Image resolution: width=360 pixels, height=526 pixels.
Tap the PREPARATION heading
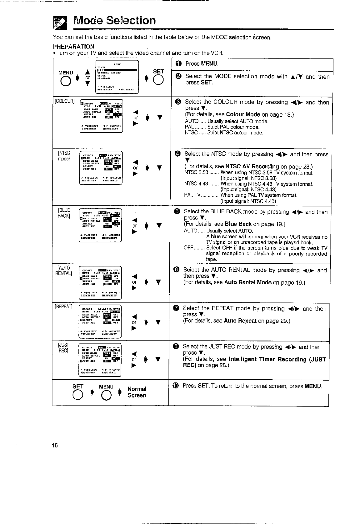coord(73,47)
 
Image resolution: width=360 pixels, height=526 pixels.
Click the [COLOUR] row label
coord(64,101)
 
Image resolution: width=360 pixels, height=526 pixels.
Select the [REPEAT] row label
coord(64,306)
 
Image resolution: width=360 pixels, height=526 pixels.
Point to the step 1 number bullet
coord(178,64)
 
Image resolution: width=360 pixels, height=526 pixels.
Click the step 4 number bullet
coord(177,154)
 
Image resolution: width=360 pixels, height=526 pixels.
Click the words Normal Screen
coord(137,392)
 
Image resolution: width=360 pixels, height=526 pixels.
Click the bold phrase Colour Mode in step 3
coord(243,114)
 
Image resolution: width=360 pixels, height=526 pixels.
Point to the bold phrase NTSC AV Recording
coord(252,166)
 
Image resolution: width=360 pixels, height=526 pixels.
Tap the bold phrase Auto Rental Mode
coord(248,282)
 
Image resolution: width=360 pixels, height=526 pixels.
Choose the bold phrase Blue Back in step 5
coord(238,224)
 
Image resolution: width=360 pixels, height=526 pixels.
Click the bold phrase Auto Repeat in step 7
coord(240,321)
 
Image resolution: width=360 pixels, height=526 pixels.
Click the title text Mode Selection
coord(114,21)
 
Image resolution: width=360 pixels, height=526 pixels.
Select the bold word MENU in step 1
coord(209,64)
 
